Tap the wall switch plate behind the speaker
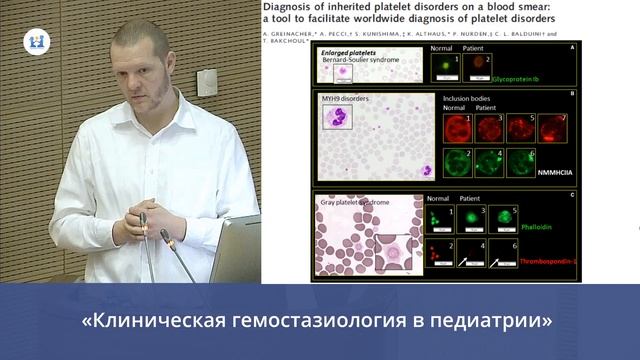tap(207, 82)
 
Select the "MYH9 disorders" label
tap(346, 101)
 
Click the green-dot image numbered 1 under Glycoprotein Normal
tap(440, 69)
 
